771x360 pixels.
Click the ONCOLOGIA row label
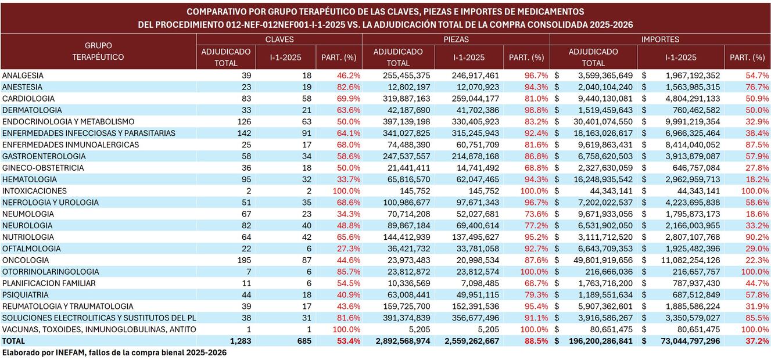coord(25,260)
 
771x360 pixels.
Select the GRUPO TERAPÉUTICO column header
coord(98,51)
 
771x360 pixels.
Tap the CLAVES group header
coord(279,39)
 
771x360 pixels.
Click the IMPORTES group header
coord(660,39)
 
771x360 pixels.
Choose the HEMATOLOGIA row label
coord(29,179)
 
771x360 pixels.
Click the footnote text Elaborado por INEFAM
coord(114,352)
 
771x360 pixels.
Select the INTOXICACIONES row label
coord(34,191)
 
